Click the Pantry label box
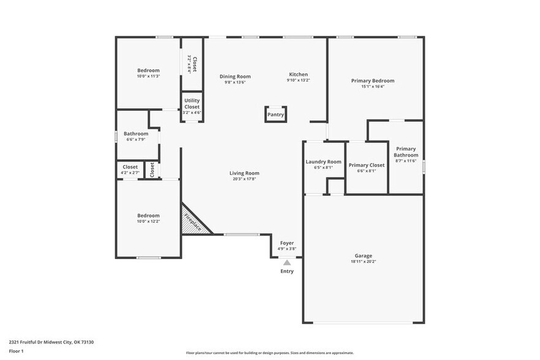[276, 114]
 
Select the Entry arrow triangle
[287, 262]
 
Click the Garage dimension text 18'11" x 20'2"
[364, 261]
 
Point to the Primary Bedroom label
[372, 80]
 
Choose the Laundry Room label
[323, 162]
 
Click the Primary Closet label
[366, 165]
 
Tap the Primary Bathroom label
[405, 152]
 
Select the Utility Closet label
[192, 104]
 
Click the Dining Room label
[235, 77]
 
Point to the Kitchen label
[298, 75]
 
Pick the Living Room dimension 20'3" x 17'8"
[244, 179]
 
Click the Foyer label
[287, 243]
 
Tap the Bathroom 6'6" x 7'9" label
[135, 133]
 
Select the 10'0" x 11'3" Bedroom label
[148, 70]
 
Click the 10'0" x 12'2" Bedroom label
[148, 216]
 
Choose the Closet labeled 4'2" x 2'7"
[130, 167]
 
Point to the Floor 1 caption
[16, 351]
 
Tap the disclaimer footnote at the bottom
[269, 353]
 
